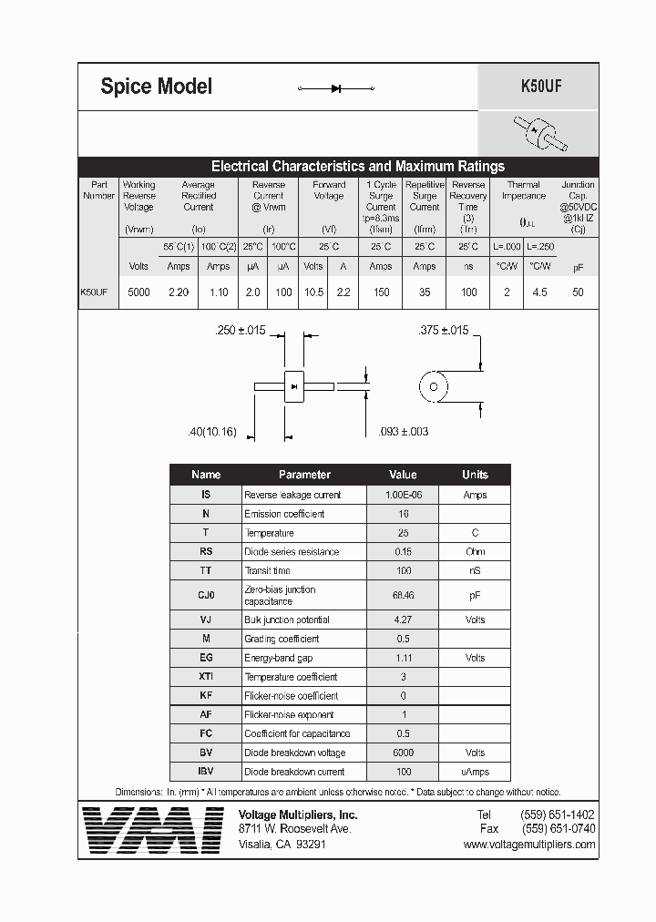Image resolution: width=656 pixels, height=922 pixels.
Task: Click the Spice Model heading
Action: [156, 87]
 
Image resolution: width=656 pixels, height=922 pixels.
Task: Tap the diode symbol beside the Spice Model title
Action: [336, 88]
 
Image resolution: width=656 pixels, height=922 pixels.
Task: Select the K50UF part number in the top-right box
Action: [539, 87]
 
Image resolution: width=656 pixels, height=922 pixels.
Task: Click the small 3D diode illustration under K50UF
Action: [539, 133]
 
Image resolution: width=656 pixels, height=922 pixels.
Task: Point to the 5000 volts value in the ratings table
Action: [139, 292]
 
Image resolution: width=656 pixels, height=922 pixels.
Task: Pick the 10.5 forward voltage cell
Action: [313, 292]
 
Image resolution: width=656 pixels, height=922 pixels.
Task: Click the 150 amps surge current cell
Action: [381, 292]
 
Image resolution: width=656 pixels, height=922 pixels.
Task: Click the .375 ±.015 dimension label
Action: [443, 331]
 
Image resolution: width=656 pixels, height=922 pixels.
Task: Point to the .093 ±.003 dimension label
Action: [403, 431]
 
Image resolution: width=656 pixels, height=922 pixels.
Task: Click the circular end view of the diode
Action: [434, 386]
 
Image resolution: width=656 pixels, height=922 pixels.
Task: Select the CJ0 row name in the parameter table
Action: [206, 595]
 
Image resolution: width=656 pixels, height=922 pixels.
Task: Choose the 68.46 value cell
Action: [402, 595]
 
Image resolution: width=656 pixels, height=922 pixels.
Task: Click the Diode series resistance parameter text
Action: [292, 552]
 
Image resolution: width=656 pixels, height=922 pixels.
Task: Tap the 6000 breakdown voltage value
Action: [402, 753]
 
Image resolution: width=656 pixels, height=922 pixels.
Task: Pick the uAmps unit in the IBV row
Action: [475, 772]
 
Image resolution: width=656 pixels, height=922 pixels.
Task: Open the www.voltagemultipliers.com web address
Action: [528, 845]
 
